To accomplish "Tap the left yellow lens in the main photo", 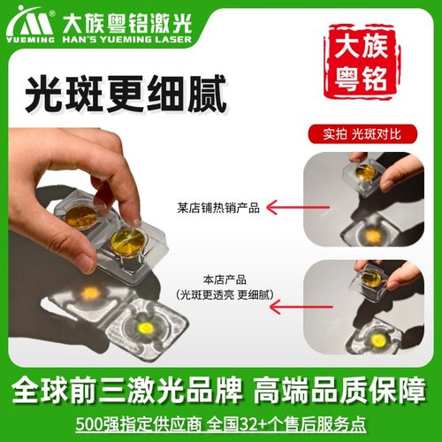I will pyautogui.click(x=81, y=215).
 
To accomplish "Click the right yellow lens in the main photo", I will pyautogui.click(x=127, y=240).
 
